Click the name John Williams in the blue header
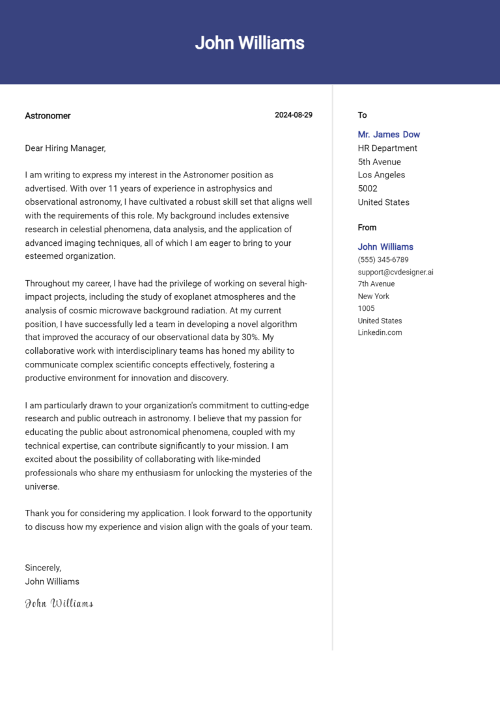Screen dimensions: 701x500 249,43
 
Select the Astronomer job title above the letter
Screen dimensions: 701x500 48,116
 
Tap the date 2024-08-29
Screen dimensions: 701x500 294,115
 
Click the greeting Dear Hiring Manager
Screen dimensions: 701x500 65,148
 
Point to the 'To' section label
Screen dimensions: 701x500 362,115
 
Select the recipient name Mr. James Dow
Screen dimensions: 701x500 389,135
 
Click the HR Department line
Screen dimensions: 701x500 387,148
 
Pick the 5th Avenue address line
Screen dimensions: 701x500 379,162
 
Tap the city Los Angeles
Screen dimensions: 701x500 381,175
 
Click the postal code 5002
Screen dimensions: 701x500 368,189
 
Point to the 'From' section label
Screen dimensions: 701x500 367,228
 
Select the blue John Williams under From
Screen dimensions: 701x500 385,247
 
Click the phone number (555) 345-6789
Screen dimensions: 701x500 383,259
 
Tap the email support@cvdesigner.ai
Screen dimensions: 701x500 395,272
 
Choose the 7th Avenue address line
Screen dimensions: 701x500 376,284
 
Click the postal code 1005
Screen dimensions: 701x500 366,308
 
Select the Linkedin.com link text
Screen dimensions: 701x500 380,332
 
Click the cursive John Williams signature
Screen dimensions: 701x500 59,603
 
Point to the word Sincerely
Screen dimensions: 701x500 43,568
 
